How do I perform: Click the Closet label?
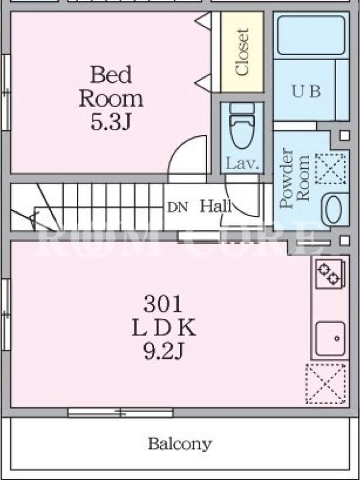tap(242, 52)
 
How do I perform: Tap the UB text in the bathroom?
tap(306, 91)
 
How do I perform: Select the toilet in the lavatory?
tap(242, 125)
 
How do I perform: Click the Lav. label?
tap(242, 164)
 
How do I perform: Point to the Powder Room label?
tap(295, 178)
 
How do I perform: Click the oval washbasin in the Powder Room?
tap(334, 209)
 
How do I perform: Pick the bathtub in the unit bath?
tap(311, 35)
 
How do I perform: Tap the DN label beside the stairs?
tap(178, 208)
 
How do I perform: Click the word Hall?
tap(216, 206)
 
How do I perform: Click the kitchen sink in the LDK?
tap(331, 338)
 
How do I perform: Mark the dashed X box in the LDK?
tap(326, 383)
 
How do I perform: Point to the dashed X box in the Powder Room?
tap(331, 169)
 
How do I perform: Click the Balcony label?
tap(180, 444)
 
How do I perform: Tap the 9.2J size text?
tap(163, 352)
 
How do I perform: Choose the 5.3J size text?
tap(111, 122)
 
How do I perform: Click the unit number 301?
tap(163, 304)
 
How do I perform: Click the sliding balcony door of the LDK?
tap(121, 412)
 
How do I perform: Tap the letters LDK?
tap(164, 328)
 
